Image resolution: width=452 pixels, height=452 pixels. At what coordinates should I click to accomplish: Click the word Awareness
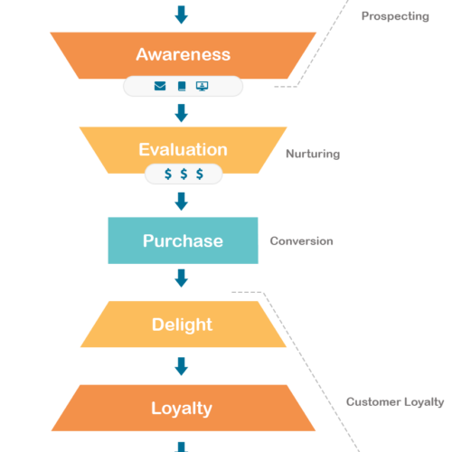pos(183,54)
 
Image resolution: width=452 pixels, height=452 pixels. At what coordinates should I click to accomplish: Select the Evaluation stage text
pos(183,149)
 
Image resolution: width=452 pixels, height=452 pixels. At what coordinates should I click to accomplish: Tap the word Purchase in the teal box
pos(183,241)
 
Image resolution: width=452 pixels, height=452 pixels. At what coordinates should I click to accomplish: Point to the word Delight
pos(183,325)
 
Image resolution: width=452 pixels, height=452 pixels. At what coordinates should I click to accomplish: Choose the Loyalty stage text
pos(182,408)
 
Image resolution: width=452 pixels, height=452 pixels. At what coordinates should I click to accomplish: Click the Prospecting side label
pos(395,16)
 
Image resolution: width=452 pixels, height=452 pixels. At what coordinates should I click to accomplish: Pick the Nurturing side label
pos(313,154)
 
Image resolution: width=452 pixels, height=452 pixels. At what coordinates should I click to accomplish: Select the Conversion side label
pos(302,241)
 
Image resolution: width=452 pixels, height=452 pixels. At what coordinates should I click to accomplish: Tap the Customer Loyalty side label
pos(395,401)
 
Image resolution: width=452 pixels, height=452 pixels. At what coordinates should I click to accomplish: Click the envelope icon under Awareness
pos(160,87)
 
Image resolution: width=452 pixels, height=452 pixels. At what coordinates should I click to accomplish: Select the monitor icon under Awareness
pos(202,87)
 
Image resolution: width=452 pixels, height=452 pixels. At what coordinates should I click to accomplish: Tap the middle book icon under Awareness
pos(182,87)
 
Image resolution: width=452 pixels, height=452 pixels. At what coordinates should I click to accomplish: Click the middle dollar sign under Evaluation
pos(184,174)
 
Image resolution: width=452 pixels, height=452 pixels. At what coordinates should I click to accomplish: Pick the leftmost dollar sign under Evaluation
pos(167,174)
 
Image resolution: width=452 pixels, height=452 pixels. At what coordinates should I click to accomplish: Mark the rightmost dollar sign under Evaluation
pos(200,174)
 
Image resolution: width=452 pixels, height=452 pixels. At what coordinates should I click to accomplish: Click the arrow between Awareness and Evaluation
pos(182,112)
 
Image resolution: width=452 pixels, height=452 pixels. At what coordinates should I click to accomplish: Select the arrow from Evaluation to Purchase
pos(182,201)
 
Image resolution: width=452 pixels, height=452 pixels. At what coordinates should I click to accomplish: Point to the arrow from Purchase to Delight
pos(182,278)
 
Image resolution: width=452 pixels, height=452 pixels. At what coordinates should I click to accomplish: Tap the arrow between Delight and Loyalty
pos(182,365)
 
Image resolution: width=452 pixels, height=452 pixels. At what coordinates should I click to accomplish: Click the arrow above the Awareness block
pos(182,14)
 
